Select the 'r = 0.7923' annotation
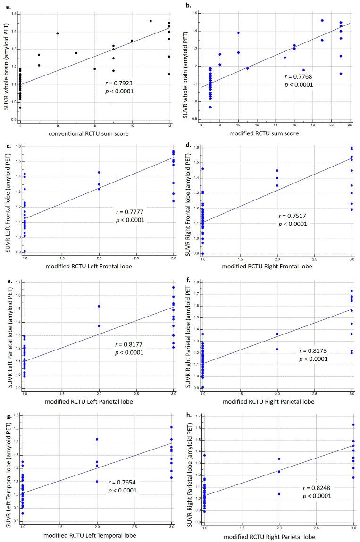click(120, 83)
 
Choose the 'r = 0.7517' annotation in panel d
click(293, 215)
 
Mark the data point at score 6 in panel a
click(57, 33)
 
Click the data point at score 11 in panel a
click(151, 21)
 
